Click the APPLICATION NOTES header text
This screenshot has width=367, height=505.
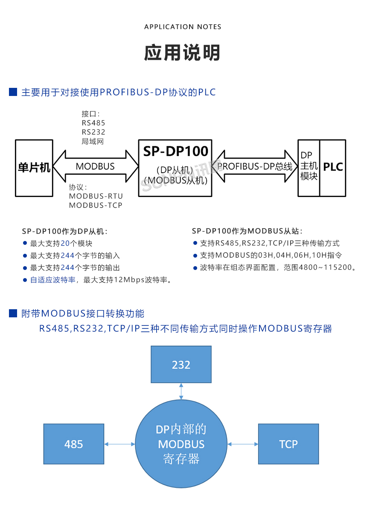pyautogui.click(x=183, y=27)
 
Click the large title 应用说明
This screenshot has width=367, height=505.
pyautogui.click(x=183, y=53)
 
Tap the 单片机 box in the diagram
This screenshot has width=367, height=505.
pyautogui.click(x=34, y=168)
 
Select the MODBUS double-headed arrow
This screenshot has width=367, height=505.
pyautogui.click(x=96, y=166)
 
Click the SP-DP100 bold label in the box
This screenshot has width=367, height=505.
pyautogui.click(x=175, y=151)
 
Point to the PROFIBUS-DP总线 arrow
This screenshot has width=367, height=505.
pyautogui.click(x=255, y=166)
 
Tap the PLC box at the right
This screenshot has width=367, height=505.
pyautogui.click(x=333, y=167)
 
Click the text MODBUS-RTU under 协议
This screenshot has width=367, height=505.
pyautogui.click(x=96, y=196)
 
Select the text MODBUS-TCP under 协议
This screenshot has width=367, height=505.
pyautogui.click(x=96, y=205)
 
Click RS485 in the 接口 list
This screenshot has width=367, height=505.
pyautogui.click(x=93, y=123)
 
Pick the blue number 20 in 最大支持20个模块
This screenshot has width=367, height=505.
pyautogui.click(x=65, y=244)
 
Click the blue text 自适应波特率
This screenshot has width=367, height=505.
pyautogui.click(x=52, y=280)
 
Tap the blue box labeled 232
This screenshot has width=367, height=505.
pyautogui.click(x=181, y=365)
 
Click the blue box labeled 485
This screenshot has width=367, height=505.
pyautogui.click(x=74, y=444)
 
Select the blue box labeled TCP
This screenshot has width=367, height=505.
pyautogui.click(x=288, y=444)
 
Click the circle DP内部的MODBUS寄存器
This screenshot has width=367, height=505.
pyautogui.click(x=181, y=444)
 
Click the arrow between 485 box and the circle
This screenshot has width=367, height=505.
pyautogui.click(x=120, y=444)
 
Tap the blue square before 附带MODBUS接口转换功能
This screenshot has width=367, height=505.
pyautogui.click(x=13, y=313)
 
